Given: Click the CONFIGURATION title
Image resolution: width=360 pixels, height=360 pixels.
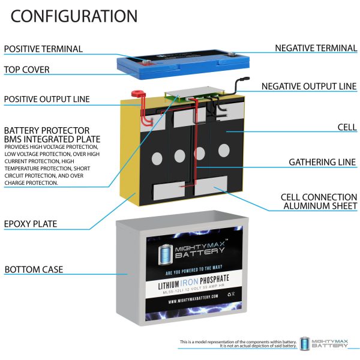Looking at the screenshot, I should (x=74, y=16).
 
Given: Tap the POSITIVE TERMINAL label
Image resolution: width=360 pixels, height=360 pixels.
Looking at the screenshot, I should (x=44, y=49).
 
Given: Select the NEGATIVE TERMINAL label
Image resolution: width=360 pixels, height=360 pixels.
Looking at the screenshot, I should (x=316, y=47).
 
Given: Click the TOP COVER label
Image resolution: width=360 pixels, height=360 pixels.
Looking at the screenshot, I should (x=27, y=70).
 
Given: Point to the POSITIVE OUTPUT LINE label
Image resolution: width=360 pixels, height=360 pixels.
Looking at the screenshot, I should (x=47, y=98).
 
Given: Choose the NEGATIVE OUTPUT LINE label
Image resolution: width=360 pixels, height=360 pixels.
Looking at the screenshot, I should (x=309, y=86).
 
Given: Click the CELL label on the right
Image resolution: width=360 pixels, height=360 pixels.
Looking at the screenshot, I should (x=346, y=127).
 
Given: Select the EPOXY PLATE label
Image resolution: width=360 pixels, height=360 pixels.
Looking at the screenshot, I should (x=31, y=224).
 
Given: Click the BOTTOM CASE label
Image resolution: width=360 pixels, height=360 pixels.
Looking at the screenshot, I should (x=34, y=269).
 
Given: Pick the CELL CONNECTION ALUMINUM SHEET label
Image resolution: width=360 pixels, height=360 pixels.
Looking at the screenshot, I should (x=319, y=202).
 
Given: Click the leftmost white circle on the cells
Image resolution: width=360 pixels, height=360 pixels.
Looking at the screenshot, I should (x=156, y=159).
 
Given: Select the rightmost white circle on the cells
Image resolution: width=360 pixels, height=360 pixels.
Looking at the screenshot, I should (x=224, y=149).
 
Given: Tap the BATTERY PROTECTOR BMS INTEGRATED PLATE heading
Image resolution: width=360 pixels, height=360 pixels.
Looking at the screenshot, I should (x=47, y=135).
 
